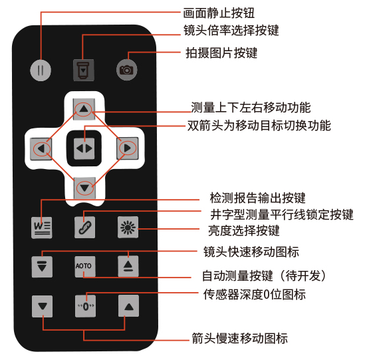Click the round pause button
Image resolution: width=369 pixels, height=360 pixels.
41,71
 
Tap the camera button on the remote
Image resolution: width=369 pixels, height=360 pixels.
126,70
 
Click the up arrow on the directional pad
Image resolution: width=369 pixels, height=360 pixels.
84,109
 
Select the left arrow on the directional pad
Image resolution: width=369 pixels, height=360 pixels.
41,148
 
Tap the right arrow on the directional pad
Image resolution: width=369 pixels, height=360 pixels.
127,148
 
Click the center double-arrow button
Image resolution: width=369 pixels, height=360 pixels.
84,148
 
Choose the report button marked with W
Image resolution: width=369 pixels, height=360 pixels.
42,228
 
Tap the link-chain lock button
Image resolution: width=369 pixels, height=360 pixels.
84,227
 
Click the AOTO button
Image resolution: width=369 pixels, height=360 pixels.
85,266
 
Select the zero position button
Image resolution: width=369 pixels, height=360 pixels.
85,306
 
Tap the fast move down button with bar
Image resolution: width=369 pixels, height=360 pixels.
42,266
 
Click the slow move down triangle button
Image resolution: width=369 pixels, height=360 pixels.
42,306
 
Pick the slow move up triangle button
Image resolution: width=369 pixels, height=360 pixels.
128,306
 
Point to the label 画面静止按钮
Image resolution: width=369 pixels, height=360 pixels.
219,13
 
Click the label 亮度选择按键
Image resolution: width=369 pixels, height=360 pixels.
244,230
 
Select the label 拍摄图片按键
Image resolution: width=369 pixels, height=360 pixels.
221,53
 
